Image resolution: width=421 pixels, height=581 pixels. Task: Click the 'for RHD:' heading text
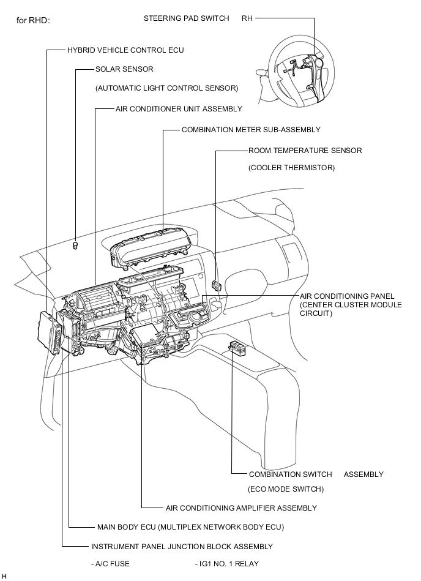pos(33,20)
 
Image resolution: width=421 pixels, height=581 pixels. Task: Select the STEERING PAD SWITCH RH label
pos(198,18)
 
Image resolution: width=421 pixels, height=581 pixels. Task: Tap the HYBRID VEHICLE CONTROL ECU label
pos(125,50)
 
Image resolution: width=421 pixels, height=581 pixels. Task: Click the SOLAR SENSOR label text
pos(124,69)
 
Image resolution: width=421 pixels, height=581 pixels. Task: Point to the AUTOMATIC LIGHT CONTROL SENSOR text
pos(167,88)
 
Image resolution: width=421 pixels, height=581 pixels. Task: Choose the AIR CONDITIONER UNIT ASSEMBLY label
pos(179,109)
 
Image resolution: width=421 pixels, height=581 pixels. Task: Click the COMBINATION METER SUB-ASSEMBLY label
pos(251,130)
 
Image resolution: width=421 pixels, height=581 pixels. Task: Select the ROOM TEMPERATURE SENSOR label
pos(305,151)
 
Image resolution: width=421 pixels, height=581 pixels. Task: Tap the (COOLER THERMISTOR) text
pos(291,168)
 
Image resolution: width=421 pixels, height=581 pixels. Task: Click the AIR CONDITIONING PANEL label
pos(347,296)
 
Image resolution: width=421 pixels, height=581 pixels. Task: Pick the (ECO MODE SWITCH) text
pos(286,489)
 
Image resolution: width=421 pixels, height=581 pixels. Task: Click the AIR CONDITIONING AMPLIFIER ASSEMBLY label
pos(241,508)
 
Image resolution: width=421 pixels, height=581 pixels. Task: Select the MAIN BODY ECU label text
pos(190,527)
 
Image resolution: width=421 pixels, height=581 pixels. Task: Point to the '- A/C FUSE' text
pos(110,564)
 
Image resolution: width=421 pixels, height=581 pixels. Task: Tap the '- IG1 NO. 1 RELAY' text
pos(227,564)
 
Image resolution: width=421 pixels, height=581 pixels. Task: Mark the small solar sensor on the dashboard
pos(75,246)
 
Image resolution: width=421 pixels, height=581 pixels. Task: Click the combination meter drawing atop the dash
pos(151,246)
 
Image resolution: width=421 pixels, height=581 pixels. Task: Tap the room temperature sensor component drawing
pos(216,285)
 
